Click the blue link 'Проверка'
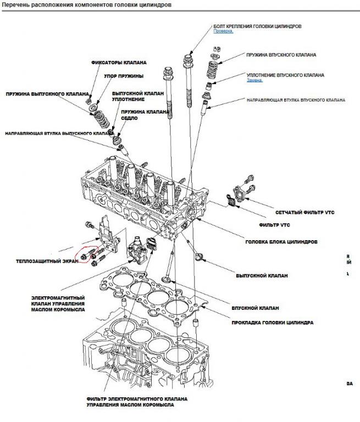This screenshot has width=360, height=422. pyautogui.click(x=223, y=31)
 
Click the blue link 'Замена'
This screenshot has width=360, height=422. pyautogui.click(x=253, y=80)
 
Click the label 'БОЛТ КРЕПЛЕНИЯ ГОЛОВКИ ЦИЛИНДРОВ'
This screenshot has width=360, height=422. pyautogui.click(x=257, y=26)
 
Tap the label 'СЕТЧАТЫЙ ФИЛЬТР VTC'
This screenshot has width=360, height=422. pyautogui.click(x=305, y=212)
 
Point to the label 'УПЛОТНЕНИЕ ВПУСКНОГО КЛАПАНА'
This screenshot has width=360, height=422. pyautogui.click(x=285, y=75)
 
